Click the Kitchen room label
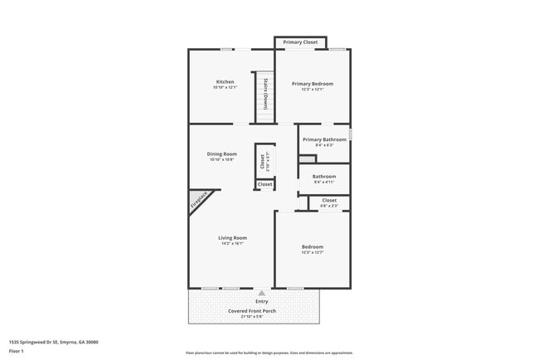pyautogui.click(x=225, y=82)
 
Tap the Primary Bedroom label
pyautogui.click(x=313, y=84)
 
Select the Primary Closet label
pyautogui.click(x=300, y=42)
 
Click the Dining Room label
pyautogui.click(x=222, y=153)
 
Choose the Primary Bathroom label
pyautogui.click(x=324, y=139)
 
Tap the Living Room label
pyautogui.click(x=233, y=238)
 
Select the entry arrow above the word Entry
pyautogui.click(x=261, y=293)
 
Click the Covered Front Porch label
pyautogui.click(x=252, y=311)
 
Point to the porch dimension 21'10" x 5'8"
pyautogui.click(x=252, y=317)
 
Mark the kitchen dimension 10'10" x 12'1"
pyautogui.click(x=225, y=88)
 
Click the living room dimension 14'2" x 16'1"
pyautogui.click(x=233, y=244)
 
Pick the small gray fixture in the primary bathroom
pyautogui.click(x=307, y=158)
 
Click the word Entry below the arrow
pyautogui.click(x=261, y=301)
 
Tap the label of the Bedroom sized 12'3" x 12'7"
pyautogui.click(x=313, y=246)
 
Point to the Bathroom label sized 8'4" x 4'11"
pyautogui.click(x=324, y=177)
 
